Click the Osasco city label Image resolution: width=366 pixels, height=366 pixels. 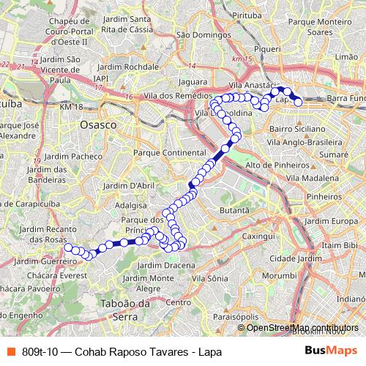coord(98,125)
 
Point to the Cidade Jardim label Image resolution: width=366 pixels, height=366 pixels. coord(292,258)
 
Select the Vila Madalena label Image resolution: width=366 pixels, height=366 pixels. coord(313,177)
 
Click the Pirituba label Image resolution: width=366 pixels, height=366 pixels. coord(224,14)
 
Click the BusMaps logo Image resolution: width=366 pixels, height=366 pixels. coord(332,351)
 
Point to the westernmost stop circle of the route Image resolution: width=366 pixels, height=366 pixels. coord(68,247)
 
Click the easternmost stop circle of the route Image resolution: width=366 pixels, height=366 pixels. coord(299,102)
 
